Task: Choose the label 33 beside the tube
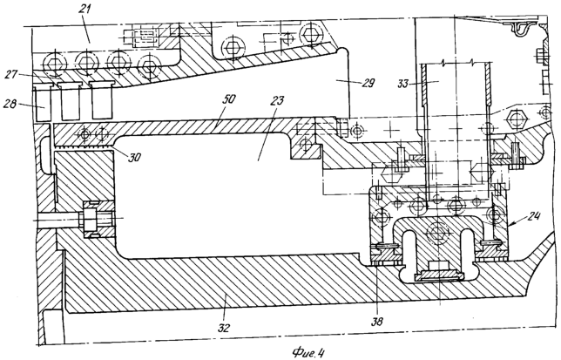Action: click(x=402, y=85)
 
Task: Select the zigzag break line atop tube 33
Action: click(x=454, y=65)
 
